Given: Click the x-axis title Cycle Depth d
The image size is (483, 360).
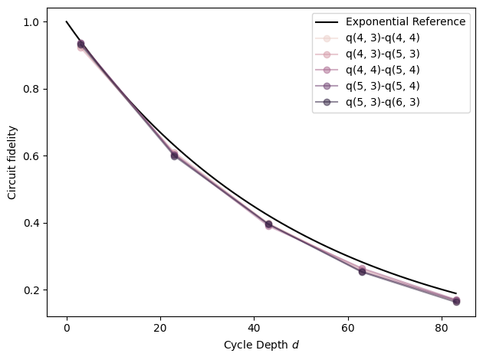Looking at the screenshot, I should (x=261, y=345).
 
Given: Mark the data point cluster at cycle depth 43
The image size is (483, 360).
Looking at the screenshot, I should (x=268, y=224).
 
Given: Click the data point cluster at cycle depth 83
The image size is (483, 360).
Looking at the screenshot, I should (x=456, y=301).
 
